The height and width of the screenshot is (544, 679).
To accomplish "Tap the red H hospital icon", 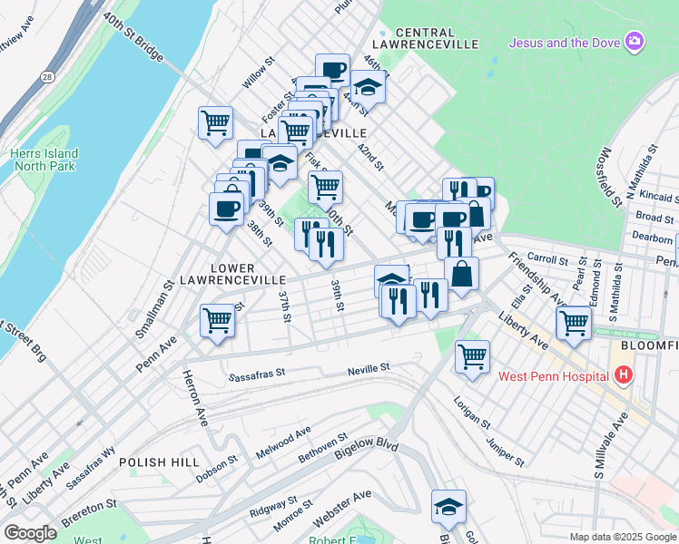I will point(623,374).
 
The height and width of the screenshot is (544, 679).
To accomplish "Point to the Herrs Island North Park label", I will point(44,160).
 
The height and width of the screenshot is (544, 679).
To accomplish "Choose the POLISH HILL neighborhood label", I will point(158,461).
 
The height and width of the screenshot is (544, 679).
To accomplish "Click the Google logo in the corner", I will point(31,532).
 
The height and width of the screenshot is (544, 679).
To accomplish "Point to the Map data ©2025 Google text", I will point(621,537).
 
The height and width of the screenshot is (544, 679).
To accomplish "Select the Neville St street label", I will point(369,368).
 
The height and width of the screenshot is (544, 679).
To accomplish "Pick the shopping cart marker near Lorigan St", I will point(472,356).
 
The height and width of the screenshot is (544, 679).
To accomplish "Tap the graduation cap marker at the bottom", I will point(448,506).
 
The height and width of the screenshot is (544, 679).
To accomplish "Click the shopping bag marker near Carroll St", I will point(461,273).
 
